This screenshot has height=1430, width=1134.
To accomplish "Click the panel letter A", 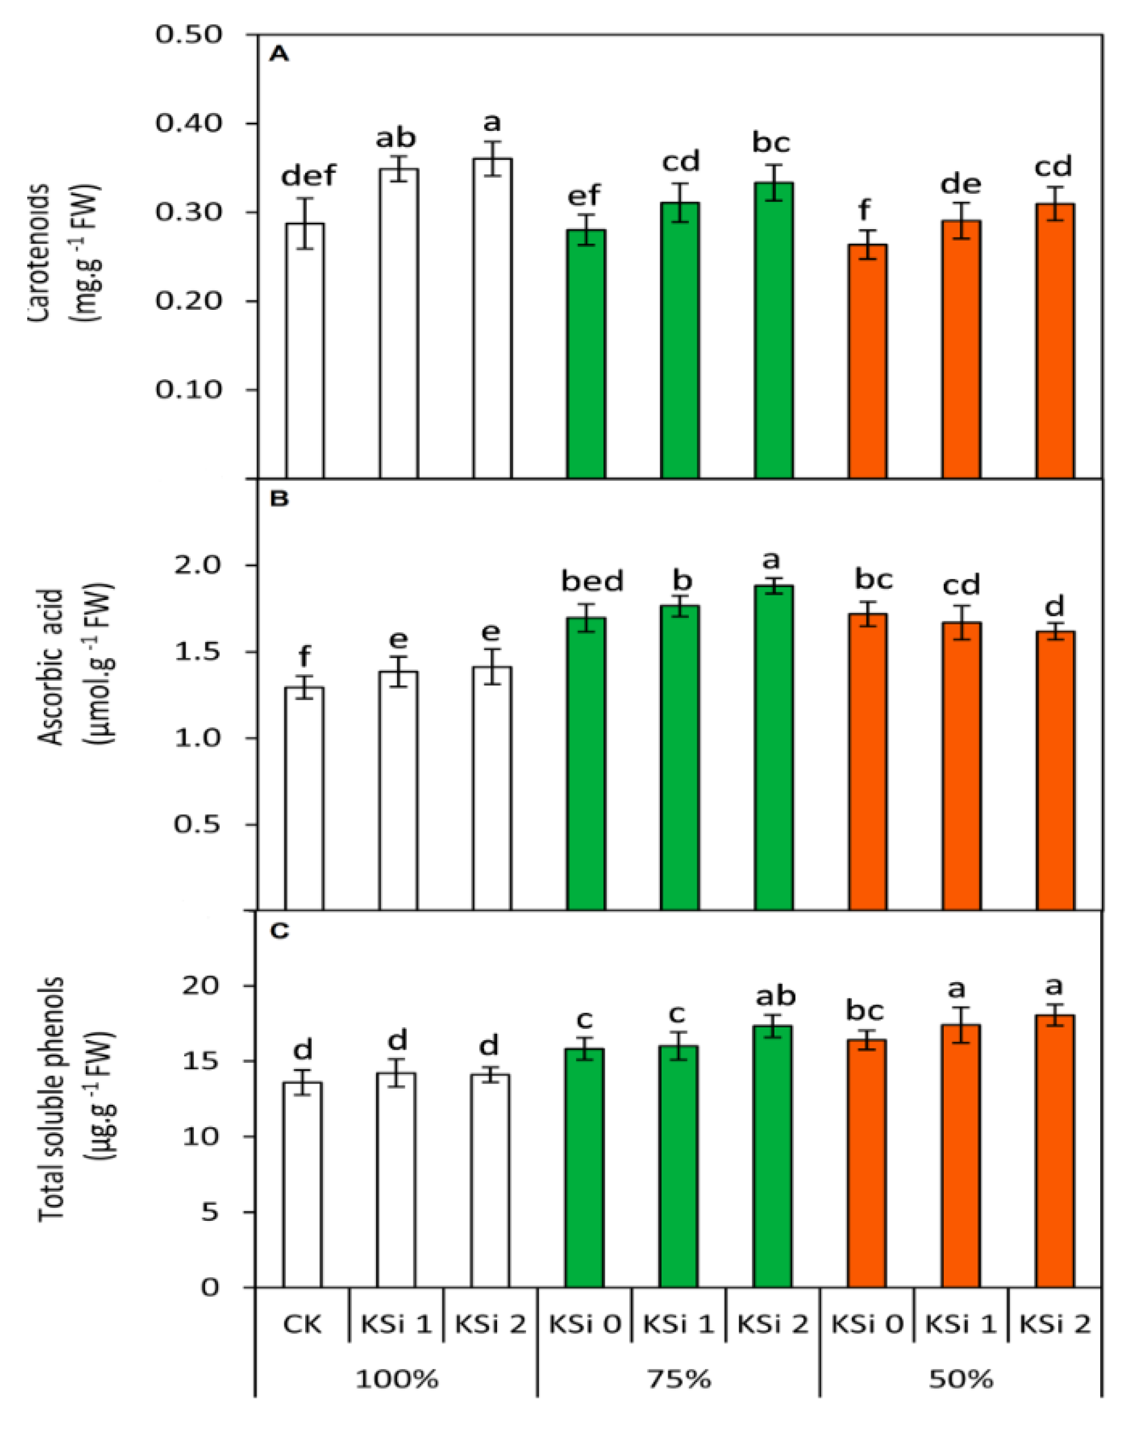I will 278,54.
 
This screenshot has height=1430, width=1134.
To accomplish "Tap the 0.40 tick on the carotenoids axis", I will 188,123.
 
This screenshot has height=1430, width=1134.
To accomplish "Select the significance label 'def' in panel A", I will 309,176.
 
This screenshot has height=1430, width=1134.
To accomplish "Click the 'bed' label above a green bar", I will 592,582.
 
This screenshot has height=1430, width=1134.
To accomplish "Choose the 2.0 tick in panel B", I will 197,565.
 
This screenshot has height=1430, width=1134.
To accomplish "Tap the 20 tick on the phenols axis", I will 200,986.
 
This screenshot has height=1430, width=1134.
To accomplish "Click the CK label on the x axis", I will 302,1325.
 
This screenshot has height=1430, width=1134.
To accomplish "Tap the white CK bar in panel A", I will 305,351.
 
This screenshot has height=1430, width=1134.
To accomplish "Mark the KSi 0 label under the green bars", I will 585,1325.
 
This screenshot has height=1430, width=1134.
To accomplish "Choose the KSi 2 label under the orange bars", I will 1055,1325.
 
